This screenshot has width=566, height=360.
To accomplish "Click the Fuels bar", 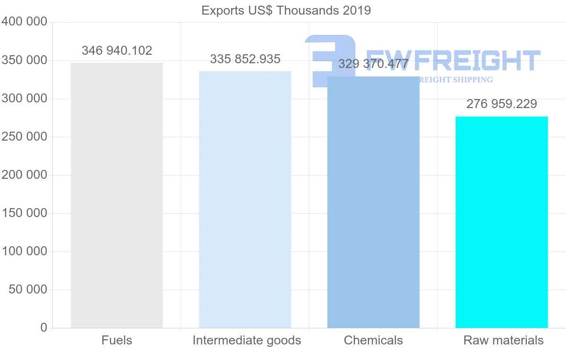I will pos(117,195).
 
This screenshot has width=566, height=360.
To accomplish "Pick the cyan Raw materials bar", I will pos(501,222).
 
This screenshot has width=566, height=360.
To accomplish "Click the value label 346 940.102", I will pos(117,50).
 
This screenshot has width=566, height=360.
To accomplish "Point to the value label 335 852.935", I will pos(245,59).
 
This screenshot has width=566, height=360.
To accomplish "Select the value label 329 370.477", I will pos(374,64).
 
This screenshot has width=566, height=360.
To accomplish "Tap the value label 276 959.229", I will pos(502,104).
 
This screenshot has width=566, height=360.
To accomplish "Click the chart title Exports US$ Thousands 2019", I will pos(286,10).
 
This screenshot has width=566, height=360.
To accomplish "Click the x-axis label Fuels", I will pos(117,340).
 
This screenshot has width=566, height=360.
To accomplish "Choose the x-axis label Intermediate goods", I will pos(247,340).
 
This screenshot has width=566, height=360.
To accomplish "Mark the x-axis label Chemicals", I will pos(373,340).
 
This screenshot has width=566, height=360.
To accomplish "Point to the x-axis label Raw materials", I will pos(503,340).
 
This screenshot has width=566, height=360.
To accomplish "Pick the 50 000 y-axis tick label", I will pos(28,289).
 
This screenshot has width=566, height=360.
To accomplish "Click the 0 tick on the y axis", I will pos(44,327).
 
